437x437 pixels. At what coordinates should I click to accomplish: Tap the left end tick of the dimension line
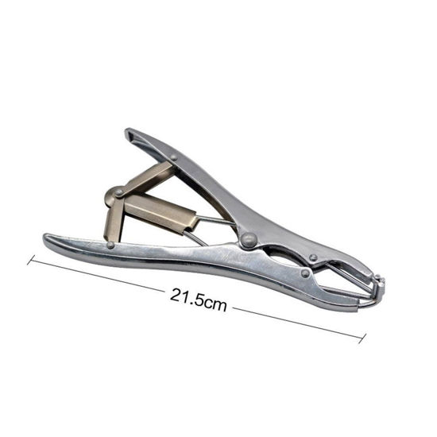tap(31, 260)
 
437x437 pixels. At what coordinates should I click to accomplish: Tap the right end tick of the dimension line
tap(362, 338)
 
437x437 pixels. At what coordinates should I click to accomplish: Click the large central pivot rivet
tap(249, 239)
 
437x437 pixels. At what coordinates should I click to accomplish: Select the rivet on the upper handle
tap(174, 158)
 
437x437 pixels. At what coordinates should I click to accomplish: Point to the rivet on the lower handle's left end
tap(110, 245)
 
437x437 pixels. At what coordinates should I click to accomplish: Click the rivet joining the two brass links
tap(120, 192)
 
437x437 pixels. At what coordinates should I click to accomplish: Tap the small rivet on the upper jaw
tap(314, 257)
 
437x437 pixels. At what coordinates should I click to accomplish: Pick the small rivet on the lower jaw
tap(305, 273)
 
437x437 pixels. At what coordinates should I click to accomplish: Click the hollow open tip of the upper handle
tap(131, 136)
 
